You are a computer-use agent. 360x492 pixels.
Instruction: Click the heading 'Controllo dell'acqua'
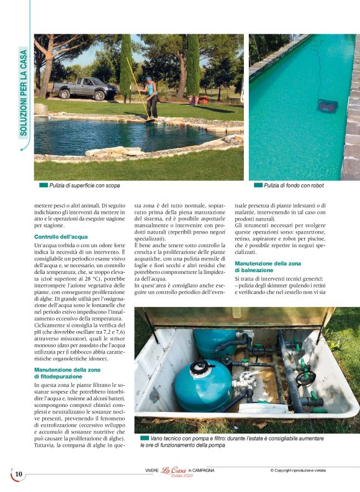point(61,237)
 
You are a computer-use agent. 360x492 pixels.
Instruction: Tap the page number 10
point(19,474)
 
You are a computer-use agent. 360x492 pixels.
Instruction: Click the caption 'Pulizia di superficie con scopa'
point(85,185)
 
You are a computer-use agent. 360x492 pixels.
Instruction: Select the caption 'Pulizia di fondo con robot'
point(294,185)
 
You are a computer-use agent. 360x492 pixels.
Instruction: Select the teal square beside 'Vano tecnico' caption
point(145,438)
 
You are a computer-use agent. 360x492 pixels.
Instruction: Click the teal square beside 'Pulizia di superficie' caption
point(43,185)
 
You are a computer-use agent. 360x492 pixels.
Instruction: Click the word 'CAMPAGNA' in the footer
point(204,470)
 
